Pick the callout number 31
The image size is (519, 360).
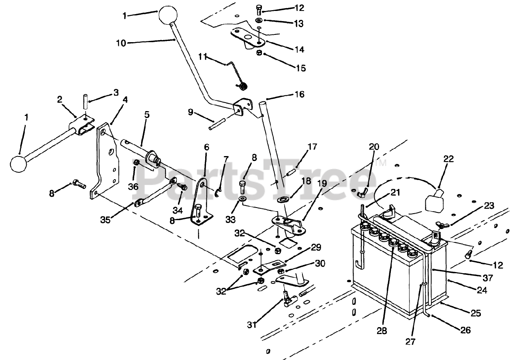click(253, 325)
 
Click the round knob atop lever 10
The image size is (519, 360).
click(168, 15)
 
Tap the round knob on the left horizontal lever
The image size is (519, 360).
click(18, 163)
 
